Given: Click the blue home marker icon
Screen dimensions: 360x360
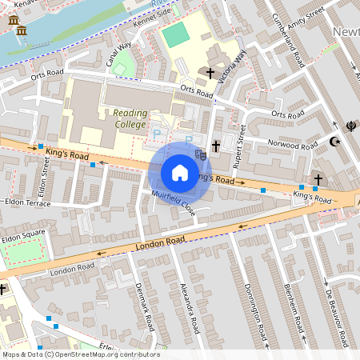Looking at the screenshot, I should click(180, 173).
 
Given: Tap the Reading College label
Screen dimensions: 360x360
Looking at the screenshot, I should click(130, 118).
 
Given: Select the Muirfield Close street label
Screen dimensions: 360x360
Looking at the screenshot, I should click(173, 205).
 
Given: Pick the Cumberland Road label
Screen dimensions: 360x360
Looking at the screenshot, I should click(289, 40).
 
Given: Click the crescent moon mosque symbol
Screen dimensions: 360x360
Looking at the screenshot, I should click(335, 142).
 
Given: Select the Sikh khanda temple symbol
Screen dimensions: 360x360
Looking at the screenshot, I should click(350, 125).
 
